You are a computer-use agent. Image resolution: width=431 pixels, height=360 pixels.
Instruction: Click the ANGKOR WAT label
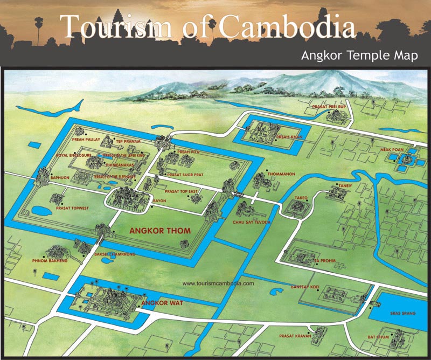click(x=162, y=303)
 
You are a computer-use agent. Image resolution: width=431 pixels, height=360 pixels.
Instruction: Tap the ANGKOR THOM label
click(x=160, y=231)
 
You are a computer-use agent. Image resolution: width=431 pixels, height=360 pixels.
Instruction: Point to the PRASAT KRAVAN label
click(x=294, y=336)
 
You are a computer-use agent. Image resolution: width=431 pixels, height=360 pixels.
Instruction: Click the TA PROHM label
click(x=324, y=261)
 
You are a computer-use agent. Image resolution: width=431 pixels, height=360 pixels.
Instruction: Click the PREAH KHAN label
click(x=290, y=137)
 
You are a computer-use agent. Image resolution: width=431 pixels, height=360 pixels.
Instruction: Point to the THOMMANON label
click(x=280, y=174)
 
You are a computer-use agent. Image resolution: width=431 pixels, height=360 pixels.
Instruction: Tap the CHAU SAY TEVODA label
click(x=252, y=222)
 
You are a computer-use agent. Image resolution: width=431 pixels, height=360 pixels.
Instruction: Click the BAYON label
click(x=160, y=201)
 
